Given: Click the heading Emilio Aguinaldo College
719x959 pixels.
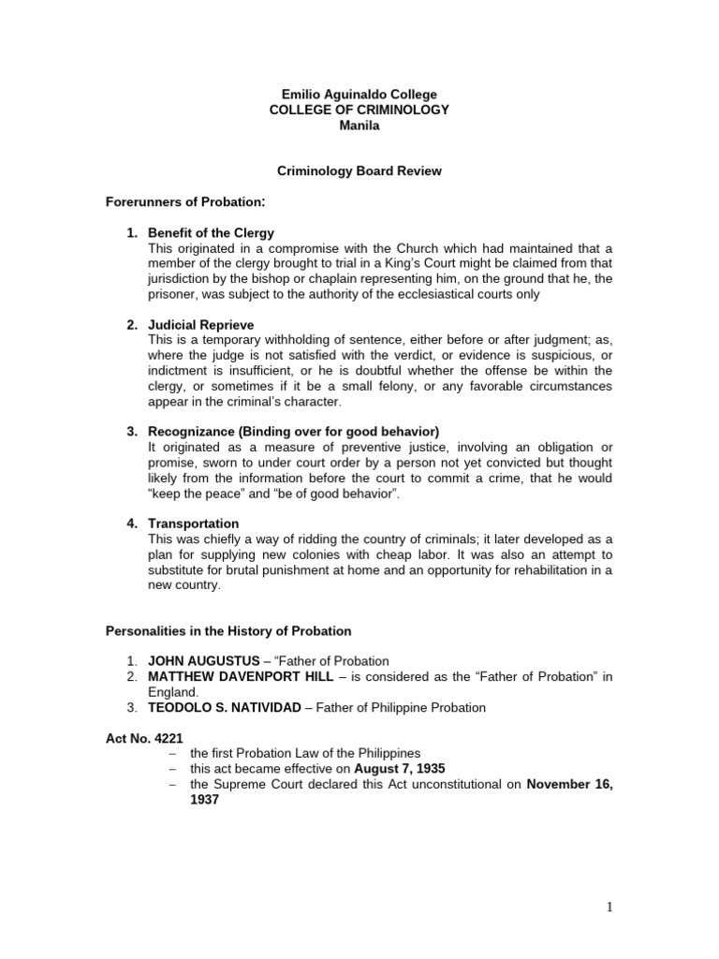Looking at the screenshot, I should [359, 95].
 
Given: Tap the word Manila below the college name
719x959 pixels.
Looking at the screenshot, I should [359, 125].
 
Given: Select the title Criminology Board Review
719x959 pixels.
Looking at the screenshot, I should [359, 171].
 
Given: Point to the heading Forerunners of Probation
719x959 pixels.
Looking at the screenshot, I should [184, 201].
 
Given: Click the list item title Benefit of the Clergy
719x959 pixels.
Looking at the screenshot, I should [211, 232].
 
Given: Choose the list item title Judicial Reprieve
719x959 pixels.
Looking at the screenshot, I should [200, 324].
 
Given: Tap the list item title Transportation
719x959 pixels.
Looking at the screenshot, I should [193, 524].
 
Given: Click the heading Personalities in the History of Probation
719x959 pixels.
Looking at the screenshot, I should [227, 631].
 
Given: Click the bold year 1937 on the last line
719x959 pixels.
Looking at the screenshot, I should [204, 801].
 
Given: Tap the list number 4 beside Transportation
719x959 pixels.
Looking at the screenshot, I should [132, 524].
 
